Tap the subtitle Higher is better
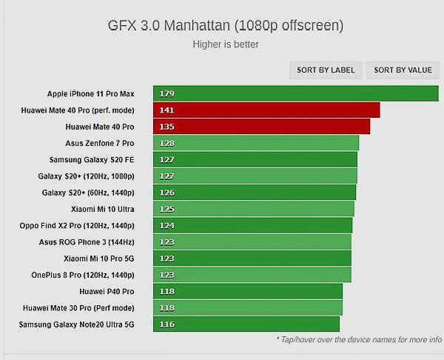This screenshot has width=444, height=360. point(225,44)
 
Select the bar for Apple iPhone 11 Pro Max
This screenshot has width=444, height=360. point(296,93)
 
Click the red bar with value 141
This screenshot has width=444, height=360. point(266,110)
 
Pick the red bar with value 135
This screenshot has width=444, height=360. point(262,127)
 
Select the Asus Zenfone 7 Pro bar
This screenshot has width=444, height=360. point(256,143)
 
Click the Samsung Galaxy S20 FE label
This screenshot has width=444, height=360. point(92,159)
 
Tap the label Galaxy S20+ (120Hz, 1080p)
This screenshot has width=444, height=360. point(86,176)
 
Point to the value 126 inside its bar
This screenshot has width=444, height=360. point(166,193)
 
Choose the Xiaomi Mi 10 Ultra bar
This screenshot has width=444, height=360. point(254,209)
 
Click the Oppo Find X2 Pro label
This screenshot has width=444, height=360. point(77,225)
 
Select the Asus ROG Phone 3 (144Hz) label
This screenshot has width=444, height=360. point(87,241)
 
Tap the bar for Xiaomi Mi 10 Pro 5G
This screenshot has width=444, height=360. point(252,258)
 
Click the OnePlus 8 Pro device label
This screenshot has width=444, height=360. point(83,275)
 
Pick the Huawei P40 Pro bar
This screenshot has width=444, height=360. point(248,291)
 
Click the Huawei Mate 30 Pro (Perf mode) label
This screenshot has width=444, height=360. point(78,307)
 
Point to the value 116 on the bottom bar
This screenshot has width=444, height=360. point(166,324)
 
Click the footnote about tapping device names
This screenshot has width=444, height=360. point(358,339)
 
